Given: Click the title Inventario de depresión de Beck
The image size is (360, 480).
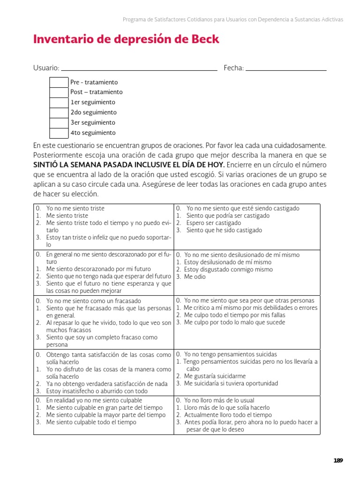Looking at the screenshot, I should (x=126, y=39).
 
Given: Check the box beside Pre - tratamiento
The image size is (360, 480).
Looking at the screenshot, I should (x=59, y=82).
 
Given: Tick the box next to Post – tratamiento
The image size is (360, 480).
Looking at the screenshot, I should (x=59, y=92).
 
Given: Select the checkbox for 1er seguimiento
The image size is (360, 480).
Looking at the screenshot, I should (x=59, y=103).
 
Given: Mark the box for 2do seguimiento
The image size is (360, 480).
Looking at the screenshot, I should (x=59, y=112).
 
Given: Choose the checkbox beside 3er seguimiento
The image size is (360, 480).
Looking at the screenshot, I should (x=59, y=123).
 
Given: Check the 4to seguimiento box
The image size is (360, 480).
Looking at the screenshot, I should (x=59, y=133).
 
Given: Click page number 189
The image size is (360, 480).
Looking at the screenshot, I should (x=338, y=460).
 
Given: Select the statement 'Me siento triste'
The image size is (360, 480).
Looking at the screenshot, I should (x=67, y=216).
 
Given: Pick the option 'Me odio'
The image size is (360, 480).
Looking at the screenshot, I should (x=195, y=277).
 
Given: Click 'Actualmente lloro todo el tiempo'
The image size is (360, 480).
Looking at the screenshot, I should (x=228, y=415).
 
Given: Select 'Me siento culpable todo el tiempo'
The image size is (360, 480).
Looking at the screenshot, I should (x=91, y=422).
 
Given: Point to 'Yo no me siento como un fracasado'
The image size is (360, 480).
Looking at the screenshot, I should (x=94, y=301).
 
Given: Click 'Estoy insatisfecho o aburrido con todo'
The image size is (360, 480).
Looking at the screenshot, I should (x=97, y=391).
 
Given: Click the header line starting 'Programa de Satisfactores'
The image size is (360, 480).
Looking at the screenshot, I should (x=233, y=20).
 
